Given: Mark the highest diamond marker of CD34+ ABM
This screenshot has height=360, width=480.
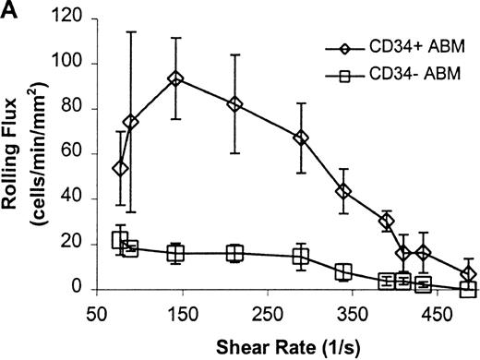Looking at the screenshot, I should [x=175, y=79].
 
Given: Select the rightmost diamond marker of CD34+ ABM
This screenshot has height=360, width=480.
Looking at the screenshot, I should [x=469, y=274].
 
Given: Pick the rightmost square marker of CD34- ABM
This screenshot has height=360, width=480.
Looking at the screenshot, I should [x=469, y=289].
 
